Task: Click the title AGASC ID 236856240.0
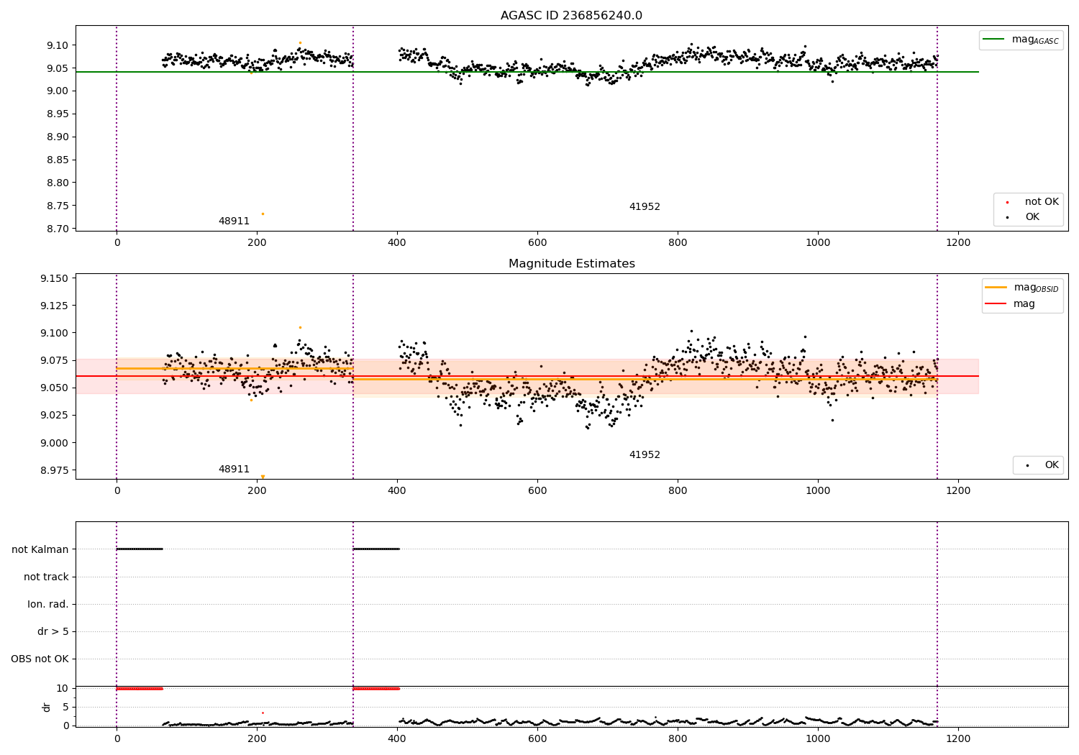(571, 16)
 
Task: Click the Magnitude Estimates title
(571, 264)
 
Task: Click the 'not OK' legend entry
(1041, 202)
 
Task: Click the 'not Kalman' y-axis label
(40, 549)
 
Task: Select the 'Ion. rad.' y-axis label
(48, 605)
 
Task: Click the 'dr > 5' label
(53, 632)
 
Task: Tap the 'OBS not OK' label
(40, 659)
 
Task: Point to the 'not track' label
(46, 577)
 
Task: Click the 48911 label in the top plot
(234, 221)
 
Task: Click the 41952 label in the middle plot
(645, 455)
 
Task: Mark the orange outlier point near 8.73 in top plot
(263, 214)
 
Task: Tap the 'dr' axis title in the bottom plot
(47, 707)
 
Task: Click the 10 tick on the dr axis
(62, 688)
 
